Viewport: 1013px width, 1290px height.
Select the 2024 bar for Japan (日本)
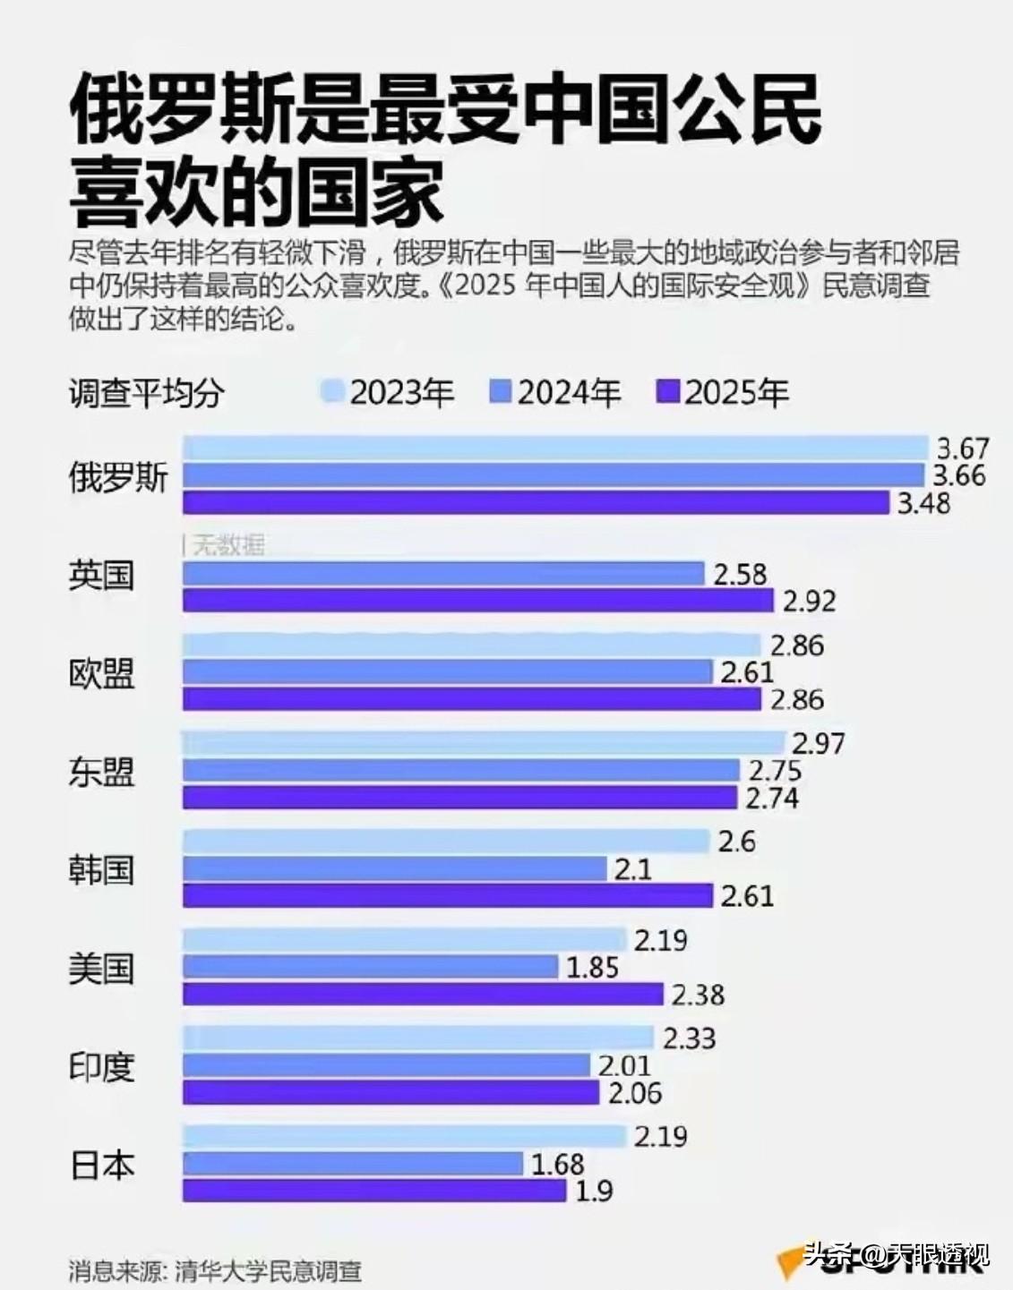point(353,1164)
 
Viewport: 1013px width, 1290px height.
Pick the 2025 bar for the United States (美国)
point(423,994)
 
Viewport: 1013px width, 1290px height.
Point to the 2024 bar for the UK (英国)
point(443,574)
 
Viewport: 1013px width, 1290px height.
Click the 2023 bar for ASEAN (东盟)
point(484,743)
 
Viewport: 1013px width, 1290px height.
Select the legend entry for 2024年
point(555,393)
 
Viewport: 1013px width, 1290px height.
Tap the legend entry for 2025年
point(723,393)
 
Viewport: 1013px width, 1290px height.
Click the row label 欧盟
point(101,673)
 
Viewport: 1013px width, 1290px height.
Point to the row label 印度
point(101,1066)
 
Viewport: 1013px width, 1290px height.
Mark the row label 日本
point(101,1165)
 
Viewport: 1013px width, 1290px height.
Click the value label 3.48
point(923,502)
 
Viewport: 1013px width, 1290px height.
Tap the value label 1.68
point(557,1164)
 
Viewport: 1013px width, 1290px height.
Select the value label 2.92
point(809,601)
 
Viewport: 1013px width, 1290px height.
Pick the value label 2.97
point(819,743)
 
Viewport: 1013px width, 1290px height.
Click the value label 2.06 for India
point(635,1092)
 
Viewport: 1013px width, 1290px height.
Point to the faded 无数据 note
point(227,544)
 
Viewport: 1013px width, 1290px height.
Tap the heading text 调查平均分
point(145,393)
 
